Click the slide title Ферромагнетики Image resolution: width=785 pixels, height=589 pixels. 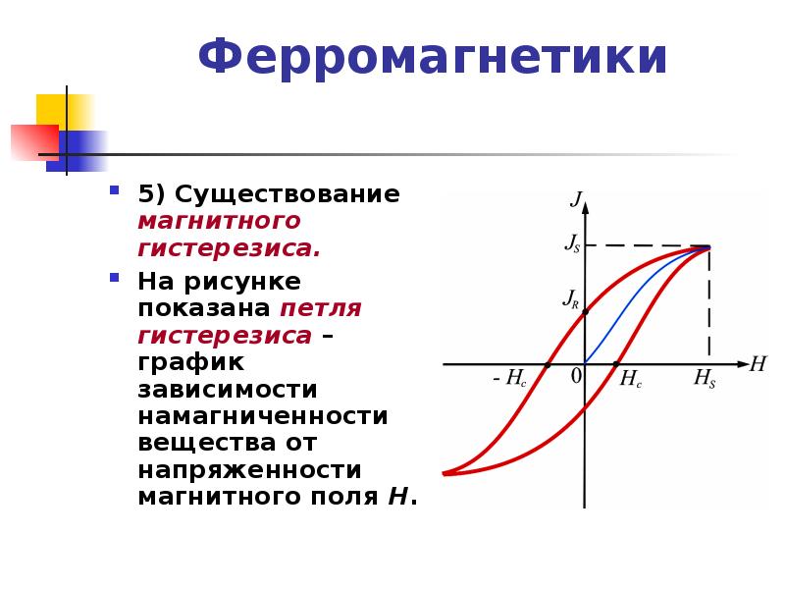click(433, 58)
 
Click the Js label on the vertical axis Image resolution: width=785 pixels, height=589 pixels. click(572, 242)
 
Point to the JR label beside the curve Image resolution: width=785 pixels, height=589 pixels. click(571, 298)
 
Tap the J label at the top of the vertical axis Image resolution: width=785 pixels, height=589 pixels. click(576, 199)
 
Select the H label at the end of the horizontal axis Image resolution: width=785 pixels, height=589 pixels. click(758, 363)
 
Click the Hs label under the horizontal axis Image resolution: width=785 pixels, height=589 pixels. click(705, 378)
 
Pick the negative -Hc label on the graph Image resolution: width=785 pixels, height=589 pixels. click(509, 378)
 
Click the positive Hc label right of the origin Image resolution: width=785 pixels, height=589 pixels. click(630, 379)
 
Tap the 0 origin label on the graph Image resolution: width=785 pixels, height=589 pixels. click(576, 376)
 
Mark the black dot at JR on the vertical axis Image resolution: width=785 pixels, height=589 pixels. click(585, 312)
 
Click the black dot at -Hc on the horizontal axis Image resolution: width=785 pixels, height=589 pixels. click(548, 365)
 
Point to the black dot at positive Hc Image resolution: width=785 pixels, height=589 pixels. click(616, 364)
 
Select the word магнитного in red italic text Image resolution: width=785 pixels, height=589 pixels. click(219, 221)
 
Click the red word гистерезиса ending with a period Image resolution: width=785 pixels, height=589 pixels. click(230, 248)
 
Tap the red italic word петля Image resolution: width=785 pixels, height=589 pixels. click(321, 309)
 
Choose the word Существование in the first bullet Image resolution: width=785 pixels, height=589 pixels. click(287, 194)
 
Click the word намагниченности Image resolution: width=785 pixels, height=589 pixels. click(263, 416)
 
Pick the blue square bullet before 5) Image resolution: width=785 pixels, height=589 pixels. click(115, 190)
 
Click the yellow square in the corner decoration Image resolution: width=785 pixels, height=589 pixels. click(64, 112)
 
